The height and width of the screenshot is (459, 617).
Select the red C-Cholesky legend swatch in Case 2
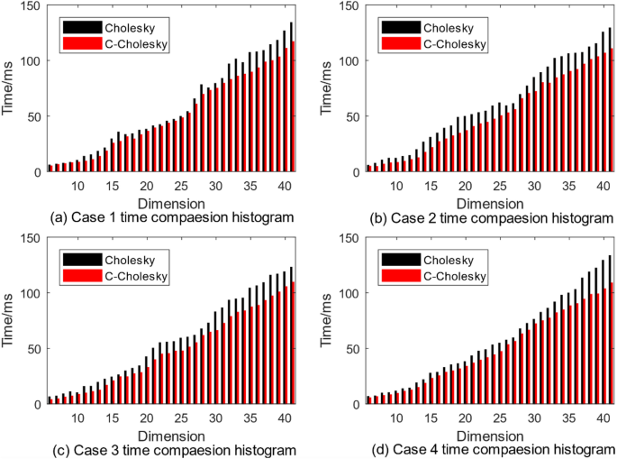[398, 43]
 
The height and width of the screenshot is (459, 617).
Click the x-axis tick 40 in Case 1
[283, 186]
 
